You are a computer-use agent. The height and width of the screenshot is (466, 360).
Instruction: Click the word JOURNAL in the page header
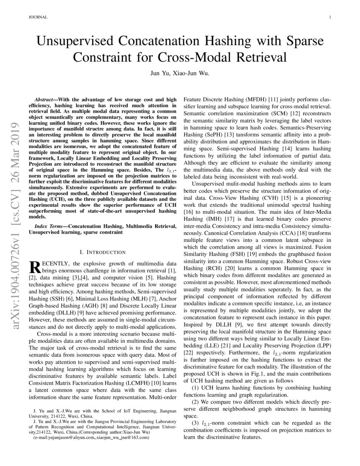tap(37, 17)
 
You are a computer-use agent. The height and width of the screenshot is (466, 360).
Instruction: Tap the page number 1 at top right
tap(329, 17)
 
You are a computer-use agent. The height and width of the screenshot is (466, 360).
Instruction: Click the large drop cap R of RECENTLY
tap(34, 267)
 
